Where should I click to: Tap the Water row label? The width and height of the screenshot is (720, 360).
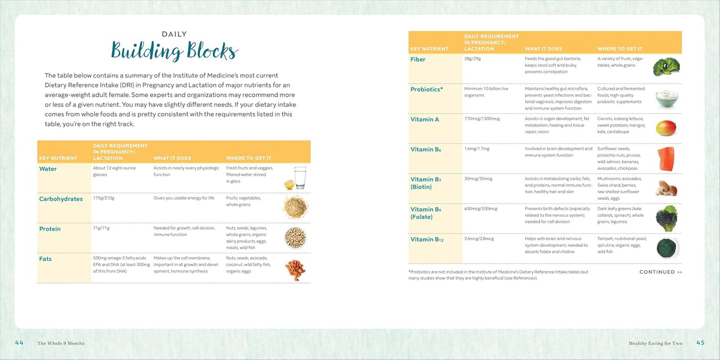pos(48,169)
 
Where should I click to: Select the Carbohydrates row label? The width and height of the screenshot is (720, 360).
pos(61,199)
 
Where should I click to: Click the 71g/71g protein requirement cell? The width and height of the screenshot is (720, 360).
pos(102,228)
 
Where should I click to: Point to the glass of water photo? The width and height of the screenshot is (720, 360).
pos(299,178)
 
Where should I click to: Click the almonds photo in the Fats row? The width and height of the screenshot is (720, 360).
pos(295,269)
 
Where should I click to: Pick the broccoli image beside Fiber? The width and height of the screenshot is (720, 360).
pos(666,67)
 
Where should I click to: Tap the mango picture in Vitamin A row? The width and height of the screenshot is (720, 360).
pos(666,128)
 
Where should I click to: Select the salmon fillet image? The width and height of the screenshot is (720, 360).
pos(667,159)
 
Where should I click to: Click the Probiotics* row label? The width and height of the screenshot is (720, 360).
pos(427,90)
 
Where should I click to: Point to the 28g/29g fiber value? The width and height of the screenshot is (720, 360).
pos(472,59)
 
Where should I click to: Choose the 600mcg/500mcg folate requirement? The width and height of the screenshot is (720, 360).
pos(481,209)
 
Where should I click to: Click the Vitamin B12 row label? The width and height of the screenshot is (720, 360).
pos(427,240)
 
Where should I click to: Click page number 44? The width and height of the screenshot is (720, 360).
pos(19,343)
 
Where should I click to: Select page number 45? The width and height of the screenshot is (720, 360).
pos(700,343)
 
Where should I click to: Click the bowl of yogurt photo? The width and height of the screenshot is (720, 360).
pos(667,98)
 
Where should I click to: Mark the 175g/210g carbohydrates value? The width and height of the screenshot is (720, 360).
pos(104,198)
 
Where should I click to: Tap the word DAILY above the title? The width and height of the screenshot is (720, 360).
pos(174,34)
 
